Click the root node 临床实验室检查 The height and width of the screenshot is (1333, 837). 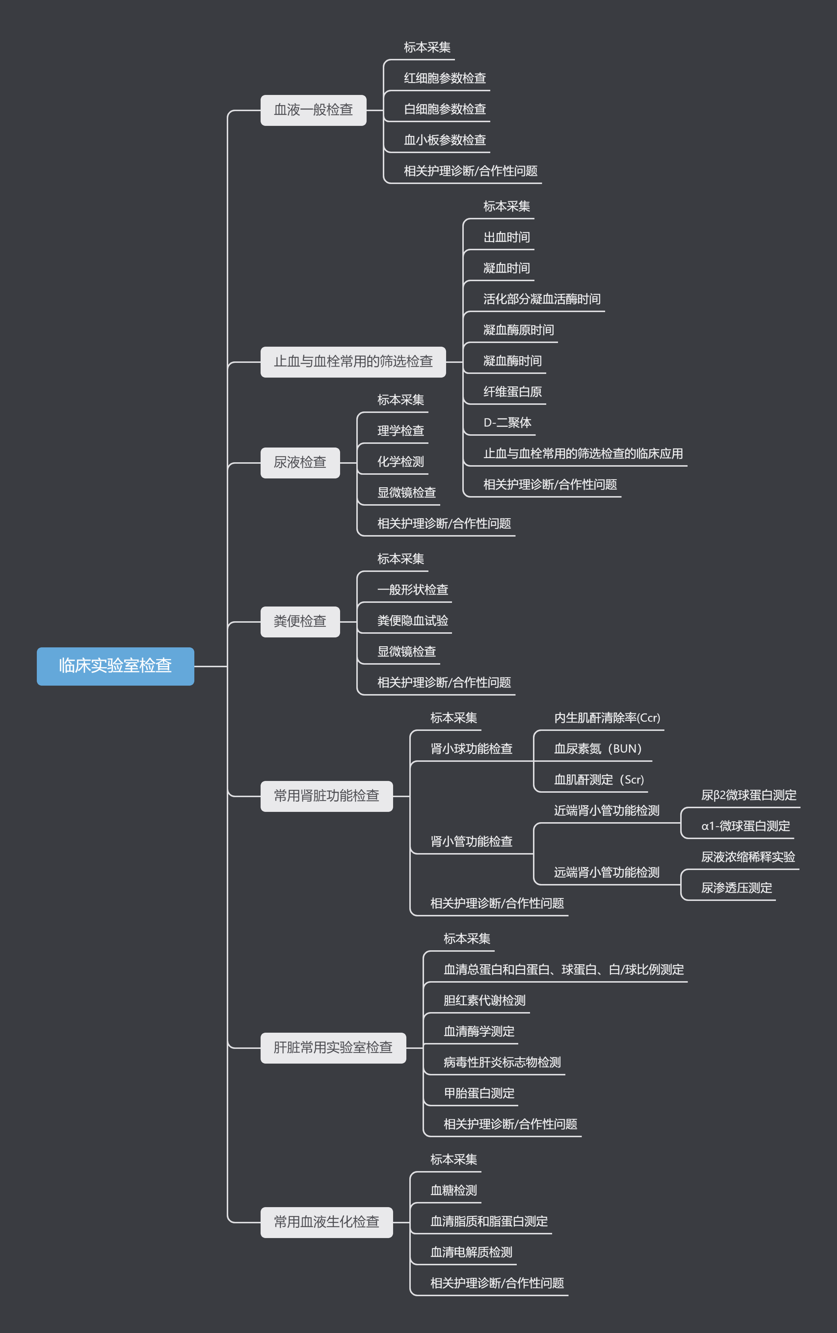(115, 666)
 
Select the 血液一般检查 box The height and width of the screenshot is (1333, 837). (313, 110)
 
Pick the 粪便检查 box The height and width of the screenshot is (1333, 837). (300, 621)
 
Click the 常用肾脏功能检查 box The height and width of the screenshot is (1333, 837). (326, 796)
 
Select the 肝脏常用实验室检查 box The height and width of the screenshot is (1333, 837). (333, 1047)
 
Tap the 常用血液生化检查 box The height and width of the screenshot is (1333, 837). (326, 1222)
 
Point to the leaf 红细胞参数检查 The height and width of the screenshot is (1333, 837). (445, 78)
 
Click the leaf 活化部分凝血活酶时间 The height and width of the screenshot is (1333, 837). (541, 299)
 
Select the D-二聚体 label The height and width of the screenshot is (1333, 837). (507, 423)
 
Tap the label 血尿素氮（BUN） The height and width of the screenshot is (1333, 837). (598, 749)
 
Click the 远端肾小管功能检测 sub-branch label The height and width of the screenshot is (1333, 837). (607, 873)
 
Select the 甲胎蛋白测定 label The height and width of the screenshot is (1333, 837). (479, 1093)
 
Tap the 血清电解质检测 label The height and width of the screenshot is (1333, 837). (471, 1252)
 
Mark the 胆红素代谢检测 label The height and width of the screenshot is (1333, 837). (484, 1000)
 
